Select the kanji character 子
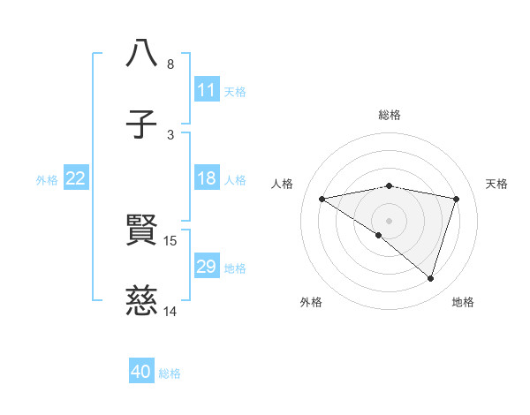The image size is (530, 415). (142, 124)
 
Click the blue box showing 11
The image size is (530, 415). (207, 90)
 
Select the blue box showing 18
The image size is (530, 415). (207, 178)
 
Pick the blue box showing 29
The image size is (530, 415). (207, 267)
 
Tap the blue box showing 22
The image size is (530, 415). (76, 178)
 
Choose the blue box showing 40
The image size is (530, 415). (141, 372)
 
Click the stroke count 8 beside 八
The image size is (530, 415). (170, 64)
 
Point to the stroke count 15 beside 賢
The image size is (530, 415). (170, 240)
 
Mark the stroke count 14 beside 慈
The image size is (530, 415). (170, 312)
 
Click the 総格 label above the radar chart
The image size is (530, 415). (390, 115)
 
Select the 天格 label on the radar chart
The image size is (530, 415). (497, 184)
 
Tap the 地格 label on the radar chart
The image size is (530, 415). (463, 302)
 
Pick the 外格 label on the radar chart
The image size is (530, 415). (311, 302)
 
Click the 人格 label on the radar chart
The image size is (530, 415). (283, 184)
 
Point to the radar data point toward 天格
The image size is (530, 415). (457, 199)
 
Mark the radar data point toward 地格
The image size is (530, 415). (430, 278)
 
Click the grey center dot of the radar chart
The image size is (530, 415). (389, 220)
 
